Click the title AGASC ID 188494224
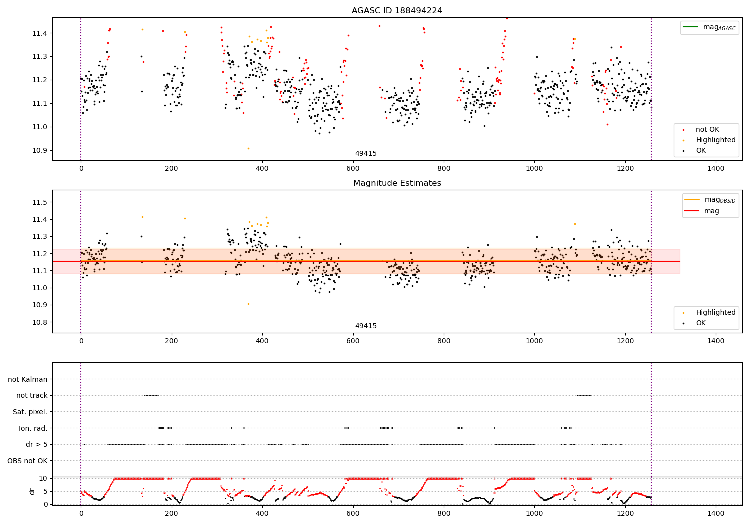click(397, 11)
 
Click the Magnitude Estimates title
click(397, 183)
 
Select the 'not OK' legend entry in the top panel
click(707, 130)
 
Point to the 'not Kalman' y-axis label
click(28, 379)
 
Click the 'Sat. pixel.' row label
click(30, 412)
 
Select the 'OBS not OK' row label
click(27, 461)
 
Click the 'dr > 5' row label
click(37, 444)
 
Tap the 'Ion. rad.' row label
click(33, 428)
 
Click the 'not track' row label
click(32, 396)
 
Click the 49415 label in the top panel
click(366, 154)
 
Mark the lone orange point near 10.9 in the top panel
click(248, 148)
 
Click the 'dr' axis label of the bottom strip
click(32, 491)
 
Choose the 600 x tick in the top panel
click(353, 169)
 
